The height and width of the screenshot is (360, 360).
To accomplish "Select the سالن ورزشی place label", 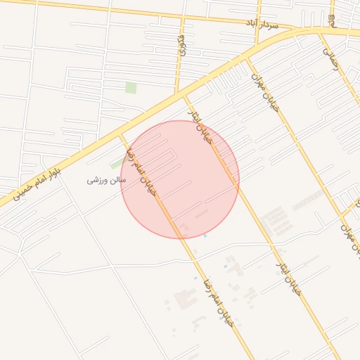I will [x=106, y=180].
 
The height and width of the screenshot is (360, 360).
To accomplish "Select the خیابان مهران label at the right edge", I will [x=349, y=231].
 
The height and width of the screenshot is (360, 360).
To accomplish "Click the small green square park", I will [x=131, y=88].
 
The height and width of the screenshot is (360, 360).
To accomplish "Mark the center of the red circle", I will [x=180, y=179].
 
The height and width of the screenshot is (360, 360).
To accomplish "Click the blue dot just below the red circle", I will [x=205, y=236].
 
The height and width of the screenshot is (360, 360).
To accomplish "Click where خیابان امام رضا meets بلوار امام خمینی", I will [x=121, y=131].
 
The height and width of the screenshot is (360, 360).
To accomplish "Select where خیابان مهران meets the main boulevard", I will [x=245, y=58].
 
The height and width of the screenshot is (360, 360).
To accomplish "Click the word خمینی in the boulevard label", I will [x=25, y=188].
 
